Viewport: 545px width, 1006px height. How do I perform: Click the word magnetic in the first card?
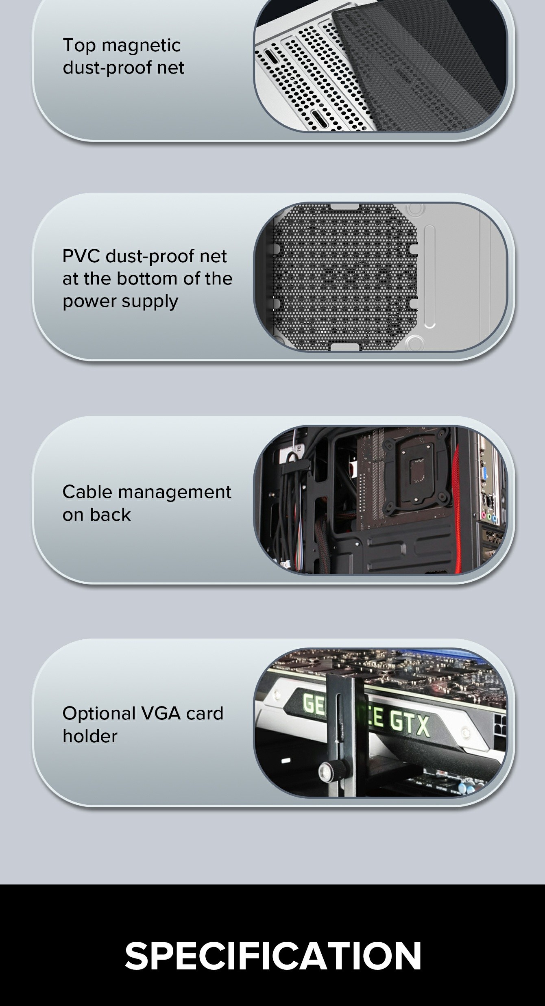click(x=141, y=46)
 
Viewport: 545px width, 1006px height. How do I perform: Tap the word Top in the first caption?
click(x=79, y=46)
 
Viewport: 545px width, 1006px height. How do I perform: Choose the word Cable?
click(x=87, y=492)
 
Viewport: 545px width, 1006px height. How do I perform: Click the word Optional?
click(x=99, y=714)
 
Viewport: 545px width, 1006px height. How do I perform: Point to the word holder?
click(x=90, y=736)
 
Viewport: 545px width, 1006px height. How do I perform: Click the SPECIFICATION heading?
click(x=273, y=956)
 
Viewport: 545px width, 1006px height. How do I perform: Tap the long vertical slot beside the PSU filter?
click(x=429, y=276)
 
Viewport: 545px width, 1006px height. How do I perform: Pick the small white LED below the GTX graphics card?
click(x=286, y=760)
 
